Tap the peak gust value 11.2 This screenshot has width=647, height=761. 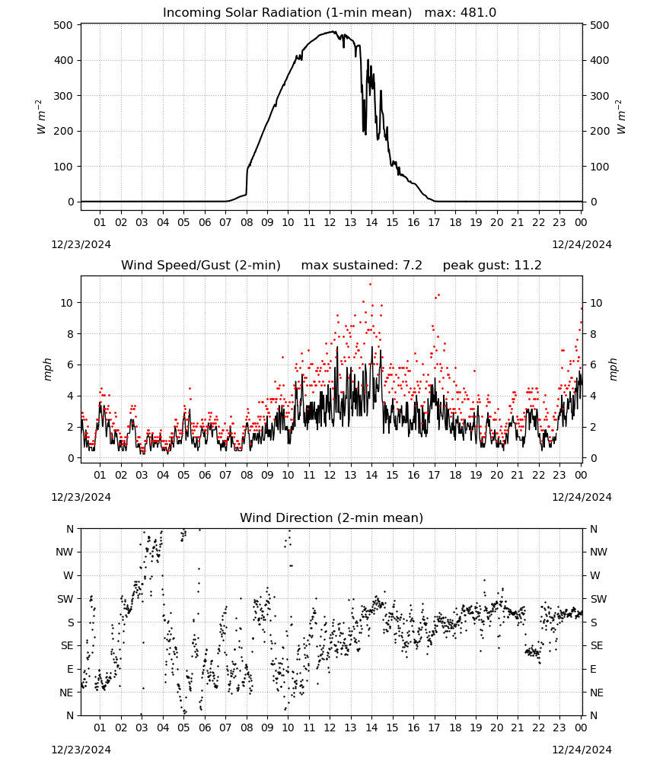click(x=527, y=265)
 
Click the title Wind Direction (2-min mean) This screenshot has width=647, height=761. click(x=332, y=517)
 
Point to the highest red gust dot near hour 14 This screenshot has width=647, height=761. click(x=371, y=284)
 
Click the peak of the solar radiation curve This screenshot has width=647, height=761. click(x=333, y=31)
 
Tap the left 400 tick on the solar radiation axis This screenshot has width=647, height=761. click(x=64, y=61)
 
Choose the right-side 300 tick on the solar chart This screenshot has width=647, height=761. click(x=600, y=96)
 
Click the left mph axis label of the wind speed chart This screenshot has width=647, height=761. click(x=47, y=369)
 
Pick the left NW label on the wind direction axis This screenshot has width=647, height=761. click(x=65, y=552)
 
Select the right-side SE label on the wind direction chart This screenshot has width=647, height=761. click(x=597, y=645)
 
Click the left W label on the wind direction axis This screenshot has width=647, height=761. click(x=69, y=575)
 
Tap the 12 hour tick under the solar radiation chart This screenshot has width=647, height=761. click(x=330, y=222)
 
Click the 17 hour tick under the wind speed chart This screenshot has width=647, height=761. click(x=434, y=475)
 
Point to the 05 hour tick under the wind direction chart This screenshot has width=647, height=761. click(x=183, y=728)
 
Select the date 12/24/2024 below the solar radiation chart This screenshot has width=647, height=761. click(x=582, y=244)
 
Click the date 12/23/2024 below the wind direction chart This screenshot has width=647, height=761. click(x=81, y=750)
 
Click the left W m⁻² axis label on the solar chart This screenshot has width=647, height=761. click(x=41, y=117)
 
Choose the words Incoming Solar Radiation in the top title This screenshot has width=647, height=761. click(x=242, y=12)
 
